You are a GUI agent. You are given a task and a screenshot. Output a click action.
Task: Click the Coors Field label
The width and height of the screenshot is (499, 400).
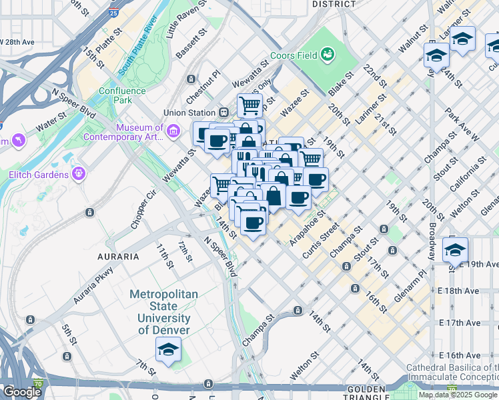tap(294, 55)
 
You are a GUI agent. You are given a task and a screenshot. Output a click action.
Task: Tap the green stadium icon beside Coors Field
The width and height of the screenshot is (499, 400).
tap(328, 53)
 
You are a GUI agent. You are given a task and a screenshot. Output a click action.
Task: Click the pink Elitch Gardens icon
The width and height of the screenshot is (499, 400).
tap(79, 174)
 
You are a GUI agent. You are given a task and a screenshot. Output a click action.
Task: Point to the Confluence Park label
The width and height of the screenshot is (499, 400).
tap(121, 95)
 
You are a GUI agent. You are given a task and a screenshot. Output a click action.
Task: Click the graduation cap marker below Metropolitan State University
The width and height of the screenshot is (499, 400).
tap(168, 349)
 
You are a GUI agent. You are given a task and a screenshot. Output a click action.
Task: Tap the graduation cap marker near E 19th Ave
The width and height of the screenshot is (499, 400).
tap(455, 250)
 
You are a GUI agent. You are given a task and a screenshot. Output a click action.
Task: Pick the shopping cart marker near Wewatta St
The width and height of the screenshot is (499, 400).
tap(249, 105)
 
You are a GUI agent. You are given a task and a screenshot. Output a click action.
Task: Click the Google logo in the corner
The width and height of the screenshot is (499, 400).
tap(22, 392)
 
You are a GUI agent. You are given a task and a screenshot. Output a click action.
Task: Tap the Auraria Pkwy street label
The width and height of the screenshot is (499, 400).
tap(93, 286)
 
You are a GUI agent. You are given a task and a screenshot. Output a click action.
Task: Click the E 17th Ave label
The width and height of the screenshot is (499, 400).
tap(460, 323)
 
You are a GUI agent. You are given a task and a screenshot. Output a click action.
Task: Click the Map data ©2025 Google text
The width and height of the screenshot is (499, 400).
tap(458, 395)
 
